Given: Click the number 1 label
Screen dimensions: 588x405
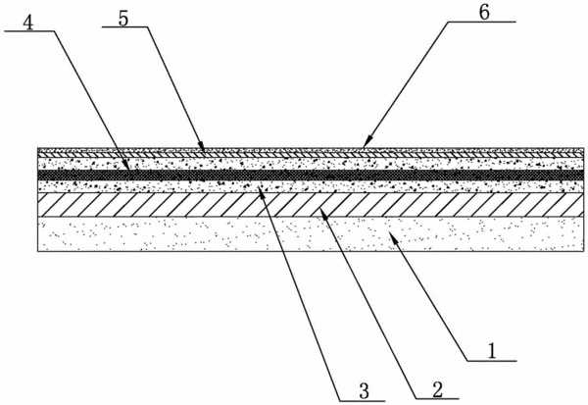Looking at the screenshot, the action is point(492,351).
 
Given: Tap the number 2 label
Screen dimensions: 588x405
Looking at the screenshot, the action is point(438,389).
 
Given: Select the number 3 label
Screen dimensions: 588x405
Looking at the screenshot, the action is point(365,391).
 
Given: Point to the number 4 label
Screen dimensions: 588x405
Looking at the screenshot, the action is point(27,23).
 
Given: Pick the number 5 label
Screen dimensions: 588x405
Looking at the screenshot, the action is point(123,19).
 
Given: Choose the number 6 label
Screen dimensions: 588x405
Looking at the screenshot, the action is point(484,12).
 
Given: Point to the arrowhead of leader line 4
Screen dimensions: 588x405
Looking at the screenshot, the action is point(127,171).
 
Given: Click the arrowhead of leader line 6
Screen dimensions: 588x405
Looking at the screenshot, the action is point(366,143).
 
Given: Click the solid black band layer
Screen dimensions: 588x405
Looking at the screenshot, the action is point(311,176).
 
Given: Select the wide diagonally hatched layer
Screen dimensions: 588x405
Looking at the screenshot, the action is point(311,205).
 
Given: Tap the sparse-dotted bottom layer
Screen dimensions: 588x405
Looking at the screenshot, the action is point(311,233).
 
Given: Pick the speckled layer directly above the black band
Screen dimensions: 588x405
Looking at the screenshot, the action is point(311,164).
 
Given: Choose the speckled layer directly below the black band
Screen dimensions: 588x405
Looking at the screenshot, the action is point(311,186).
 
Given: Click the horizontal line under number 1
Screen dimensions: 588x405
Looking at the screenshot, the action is point(492,361).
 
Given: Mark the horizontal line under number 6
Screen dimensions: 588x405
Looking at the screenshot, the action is point(481,23).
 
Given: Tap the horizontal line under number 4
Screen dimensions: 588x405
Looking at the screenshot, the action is point(28,32).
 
